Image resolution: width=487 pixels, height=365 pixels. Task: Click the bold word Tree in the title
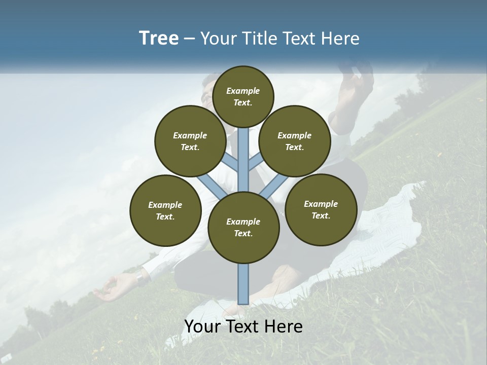click(x=159, y=39)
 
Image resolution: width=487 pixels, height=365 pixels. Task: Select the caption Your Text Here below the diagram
click(x=243, y=327)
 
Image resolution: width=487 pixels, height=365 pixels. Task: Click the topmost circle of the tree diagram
click(x=243, y=96)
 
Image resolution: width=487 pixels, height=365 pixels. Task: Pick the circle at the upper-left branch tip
click(x=190, y=141)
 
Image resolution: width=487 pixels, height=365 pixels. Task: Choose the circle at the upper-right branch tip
click(x=295, y=141)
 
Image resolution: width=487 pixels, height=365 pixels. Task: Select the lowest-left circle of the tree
click(x=165, y=210)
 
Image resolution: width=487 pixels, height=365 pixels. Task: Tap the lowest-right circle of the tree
click(x=321, y=209)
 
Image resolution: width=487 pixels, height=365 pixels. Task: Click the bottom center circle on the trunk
click(x=243, y=227)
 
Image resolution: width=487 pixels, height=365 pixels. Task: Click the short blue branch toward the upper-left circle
click(x=231, y=163)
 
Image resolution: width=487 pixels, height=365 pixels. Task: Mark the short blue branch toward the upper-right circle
click(x=256, y=163)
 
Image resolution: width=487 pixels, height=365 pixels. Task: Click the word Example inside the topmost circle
click(x=243, y=91)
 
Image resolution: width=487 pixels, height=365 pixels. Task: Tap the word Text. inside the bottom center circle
click(x=243, y=233)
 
